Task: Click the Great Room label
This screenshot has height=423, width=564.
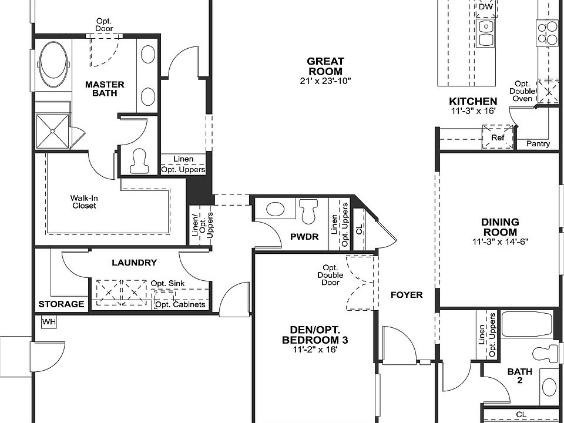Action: coord(325,66)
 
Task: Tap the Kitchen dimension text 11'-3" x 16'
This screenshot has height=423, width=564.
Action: coord(474,111)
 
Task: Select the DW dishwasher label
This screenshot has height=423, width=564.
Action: coord(486,7)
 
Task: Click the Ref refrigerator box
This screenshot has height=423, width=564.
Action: coord(498,137)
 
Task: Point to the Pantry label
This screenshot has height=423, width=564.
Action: coord(538,144)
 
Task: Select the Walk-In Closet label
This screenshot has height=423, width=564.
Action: coord(84,202)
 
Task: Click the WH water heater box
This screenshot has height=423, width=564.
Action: coord(49,321)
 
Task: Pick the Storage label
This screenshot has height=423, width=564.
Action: coord(61,304)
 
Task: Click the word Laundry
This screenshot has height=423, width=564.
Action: coord(134,263)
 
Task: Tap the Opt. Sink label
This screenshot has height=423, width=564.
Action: coord(167,283)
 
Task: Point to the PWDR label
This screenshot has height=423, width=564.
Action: coord(304,237)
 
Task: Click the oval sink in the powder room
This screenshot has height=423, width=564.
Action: coord(275,209)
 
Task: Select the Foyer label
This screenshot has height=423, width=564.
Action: coord(407,295)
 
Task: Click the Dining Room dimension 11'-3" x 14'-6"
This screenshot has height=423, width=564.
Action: coord(500,241)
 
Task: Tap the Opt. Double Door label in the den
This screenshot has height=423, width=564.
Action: coord(330,275)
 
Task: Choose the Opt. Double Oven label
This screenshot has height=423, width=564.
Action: coord(522,92)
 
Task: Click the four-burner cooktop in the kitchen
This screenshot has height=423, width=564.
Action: coord(546,32)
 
